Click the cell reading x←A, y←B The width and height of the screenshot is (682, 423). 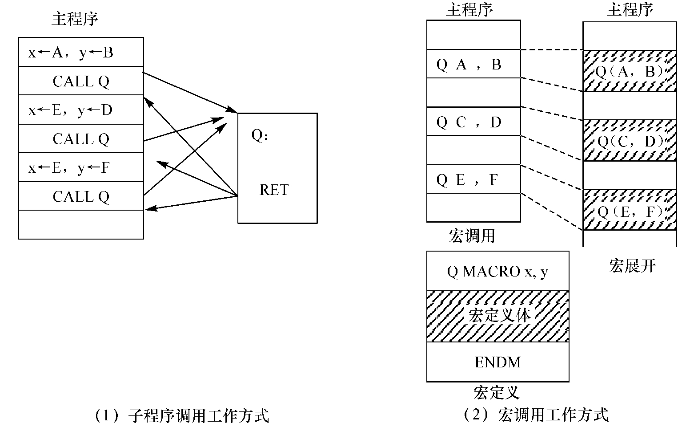[x=81, y=53]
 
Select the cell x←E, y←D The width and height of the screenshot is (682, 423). [x=81, y=110]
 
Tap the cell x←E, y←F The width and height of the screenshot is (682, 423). [x=81, y=167]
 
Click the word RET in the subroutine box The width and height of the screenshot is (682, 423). [x=274, y=190]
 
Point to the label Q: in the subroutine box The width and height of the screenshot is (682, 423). [x=260, y=135]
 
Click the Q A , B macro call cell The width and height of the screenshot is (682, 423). [x=473, y=65]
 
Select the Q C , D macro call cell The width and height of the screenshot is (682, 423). [x=473, y=122]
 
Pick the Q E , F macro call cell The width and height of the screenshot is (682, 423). [x=473, y=179]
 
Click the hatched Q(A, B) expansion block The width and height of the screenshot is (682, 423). [x=630, y=71]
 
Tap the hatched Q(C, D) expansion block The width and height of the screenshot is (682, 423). [x=630, y=141]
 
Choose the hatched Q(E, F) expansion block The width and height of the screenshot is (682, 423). [x=630, y=210]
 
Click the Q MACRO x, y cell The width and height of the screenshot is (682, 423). [x=497, y=271]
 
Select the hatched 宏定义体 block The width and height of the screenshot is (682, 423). [x=497, y=316]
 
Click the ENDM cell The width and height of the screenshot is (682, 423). [x=497, y=362]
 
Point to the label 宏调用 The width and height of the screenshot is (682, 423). [x=472, y=236]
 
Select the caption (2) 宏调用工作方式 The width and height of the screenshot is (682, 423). [x=535, y=415]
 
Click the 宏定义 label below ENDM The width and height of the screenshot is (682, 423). [x=496, y=392]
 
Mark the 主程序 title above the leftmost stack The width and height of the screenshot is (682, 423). [x=75, y=19]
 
